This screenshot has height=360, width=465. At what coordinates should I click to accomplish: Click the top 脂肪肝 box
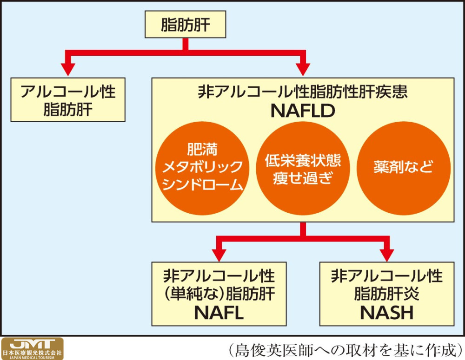(186, 24)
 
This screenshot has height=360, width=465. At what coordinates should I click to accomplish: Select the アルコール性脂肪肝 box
(68, 99)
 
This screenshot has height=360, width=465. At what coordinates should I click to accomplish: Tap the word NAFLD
(303, 111)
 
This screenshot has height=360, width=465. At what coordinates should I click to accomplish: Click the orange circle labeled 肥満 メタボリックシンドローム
(202, 168)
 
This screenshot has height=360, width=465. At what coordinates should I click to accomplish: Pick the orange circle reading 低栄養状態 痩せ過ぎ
(303, 168)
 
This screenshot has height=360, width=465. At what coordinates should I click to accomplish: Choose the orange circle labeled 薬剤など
(403, 168)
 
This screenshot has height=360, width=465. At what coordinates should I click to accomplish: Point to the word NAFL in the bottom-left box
(219, 313)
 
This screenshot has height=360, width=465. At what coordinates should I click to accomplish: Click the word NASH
(387, 313)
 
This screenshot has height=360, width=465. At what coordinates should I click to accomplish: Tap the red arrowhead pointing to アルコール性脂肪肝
(68, 69)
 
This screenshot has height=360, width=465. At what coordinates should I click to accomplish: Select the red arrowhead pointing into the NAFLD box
(303, 69)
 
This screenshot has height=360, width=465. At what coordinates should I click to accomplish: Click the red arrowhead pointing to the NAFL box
(219, 255)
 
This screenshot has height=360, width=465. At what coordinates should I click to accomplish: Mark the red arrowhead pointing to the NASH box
(387, 255)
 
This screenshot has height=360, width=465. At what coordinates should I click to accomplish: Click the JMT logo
(32, 348)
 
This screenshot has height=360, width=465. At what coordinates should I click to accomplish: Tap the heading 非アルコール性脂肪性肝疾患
(303, 92)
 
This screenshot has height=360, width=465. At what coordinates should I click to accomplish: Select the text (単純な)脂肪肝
(219, 294)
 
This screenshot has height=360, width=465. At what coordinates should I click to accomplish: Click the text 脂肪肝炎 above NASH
(387, 294)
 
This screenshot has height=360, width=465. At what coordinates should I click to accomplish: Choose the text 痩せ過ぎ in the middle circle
(303, 178)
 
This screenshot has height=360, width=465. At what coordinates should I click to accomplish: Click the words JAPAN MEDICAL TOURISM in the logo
(32, 358)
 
